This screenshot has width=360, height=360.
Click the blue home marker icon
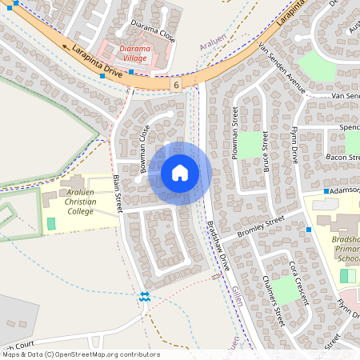coord(179,173)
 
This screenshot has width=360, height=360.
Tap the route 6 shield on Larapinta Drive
coord(176,83)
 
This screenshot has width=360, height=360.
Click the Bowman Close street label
coord(145,152)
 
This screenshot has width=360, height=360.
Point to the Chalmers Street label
coord(274,300)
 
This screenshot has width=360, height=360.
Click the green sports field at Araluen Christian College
coord(52,223)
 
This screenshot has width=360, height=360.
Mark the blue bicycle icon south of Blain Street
coord(145,297)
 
